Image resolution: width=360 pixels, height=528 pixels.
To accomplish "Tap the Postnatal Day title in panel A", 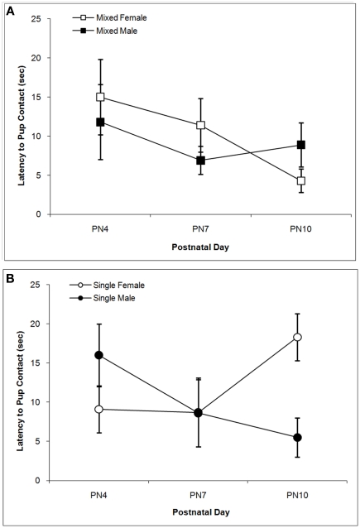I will (x=200, y=246).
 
